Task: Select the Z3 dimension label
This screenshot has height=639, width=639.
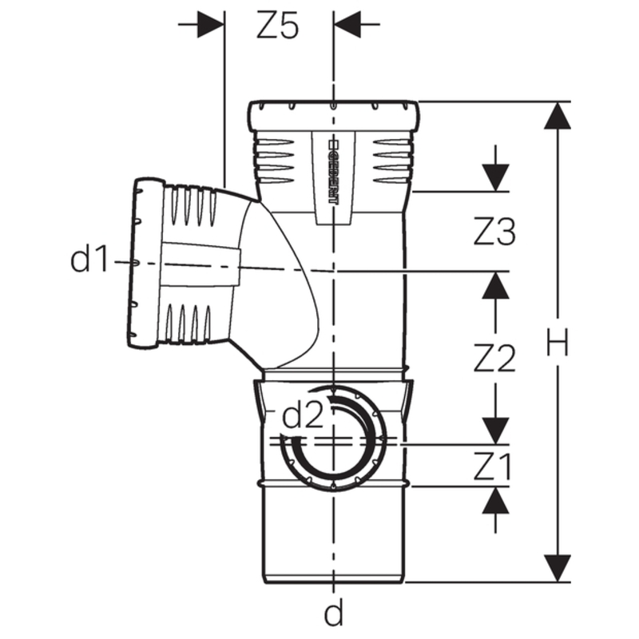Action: [494, 232]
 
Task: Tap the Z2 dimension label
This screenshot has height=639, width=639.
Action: [494, 359]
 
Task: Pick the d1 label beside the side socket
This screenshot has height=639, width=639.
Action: [90, 260]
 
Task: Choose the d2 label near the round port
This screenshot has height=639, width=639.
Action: [304, 415]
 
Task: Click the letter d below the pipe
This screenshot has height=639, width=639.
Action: [333, 613]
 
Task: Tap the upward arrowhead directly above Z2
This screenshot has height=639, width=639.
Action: [496, 284]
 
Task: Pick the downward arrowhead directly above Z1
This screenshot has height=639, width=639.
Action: [496, 431]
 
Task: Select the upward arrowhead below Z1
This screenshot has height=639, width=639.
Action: [496, 501]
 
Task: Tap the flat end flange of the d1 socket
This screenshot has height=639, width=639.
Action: [144, 264]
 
